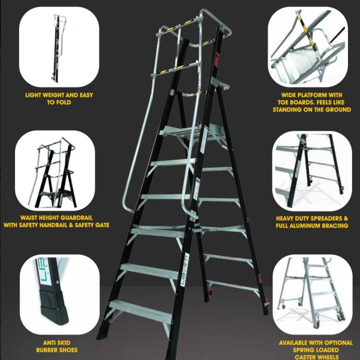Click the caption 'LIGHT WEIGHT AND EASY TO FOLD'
59,99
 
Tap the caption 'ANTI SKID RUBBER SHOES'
57,346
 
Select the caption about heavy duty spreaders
312,222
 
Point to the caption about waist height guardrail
56,221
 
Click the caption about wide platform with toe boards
312,102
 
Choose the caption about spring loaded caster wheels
316,350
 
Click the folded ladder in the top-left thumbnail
57,48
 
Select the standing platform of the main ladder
192,132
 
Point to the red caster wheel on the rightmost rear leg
267,302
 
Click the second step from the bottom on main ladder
149,271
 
